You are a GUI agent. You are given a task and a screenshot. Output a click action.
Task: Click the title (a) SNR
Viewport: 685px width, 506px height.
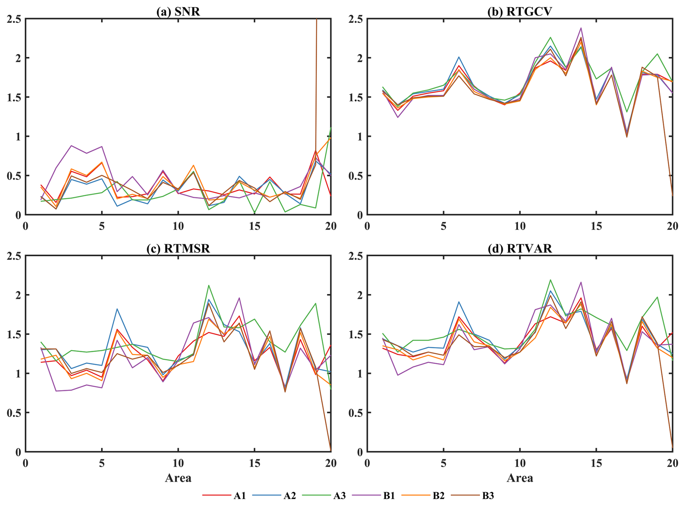pyautogui.click(x=178, y=12)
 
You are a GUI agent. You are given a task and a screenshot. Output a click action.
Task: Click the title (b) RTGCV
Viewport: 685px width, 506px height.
pyautogui.click(x=520, y=12)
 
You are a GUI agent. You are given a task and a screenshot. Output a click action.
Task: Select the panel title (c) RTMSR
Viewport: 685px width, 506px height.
pyautogui.click(x=178, y=249)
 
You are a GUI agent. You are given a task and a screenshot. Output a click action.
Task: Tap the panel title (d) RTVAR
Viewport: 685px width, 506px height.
pyautogui.click(x=520, y=249)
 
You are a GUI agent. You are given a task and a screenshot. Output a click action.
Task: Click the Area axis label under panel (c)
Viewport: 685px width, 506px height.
pyautogui.click(x=178, y=478)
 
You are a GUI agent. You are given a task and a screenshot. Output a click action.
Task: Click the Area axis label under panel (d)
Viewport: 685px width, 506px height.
pyautogui.click(x=520, y=478)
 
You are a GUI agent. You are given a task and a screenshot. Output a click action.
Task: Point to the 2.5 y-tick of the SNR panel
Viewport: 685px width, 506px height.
pyautogui.click(x=14, y=19)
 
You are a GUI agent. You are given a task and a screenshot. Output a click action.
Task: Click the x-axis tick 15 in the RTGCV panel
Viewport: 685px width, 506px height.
pyautogui.click(x=596, y=226)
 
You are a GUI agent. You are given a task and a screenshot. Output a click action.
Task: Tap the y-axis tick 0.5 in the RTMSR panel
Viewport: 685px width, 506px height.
pyautogui.click(x=14, y=412)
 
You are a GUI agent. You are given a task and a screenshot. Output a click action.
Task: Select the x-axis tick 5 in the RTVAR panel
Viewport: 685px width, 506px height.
pyautogui.click(x=444, y=463)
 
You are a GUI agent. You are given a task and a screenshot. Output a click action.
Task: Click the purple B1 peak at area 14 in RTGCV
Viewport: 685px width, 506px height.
pyautogui.click(x=581, y=28)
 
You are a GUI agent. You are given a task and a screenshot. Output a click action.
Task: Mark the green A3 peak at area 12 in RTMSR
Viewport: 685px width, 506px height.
pyautogui.click(x=209, y=285)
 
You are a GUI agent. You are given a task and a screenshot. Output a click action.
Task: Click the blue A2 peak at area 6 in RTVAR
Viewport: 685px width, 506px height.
pyautogui.click(x=459, y=302)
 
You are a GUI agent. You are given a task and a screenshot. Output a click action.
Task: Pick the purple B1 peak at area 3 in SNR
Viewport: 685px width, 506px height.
pyautogui.click(x=71, y=146)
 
